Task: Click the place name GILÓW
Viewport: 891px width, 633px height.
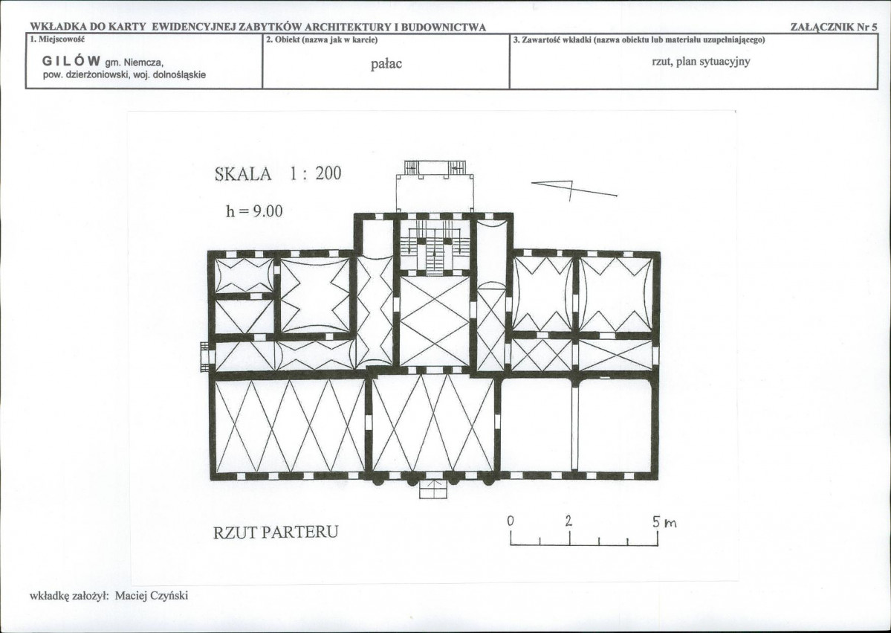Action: point(71,61)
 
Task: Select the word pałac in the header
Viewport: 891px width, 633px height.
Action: point(386,64)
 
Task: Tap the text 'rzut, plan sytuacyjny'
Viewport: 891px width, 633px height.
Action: point(701,62)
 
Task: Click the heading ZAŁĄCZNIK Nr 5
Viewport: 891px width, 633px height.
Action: point(834,27)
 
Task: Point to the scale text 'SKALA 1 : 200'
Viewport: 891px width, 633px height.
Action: point(278,173)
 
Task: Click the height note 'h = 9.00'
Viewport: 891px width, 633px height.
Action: point(254,211)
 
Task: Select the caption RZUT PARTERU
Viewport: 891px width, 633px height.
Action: point(276,532)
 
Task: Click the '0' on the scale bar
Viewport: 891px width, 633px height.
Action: point(511,521)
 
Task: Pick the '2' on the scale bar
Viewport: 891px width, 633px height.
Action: point(568,521)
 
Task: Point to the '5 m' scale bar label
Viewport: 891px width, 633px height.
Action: point(664,522)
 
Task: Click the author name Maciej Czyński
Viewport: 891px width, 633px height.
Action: point(151,596)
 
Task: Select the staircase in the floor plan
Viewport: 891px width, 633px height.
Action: point(435,245)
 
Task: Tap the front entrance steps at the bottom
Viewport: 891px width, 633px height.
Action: point(433,489)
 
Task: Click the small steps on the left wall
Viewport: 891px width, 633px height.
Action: point(205,356)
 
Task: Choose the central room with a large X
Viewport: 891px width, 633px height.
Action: point(435,321)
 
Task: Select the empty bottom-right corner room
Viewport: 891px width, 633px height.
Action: point(615,425)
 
